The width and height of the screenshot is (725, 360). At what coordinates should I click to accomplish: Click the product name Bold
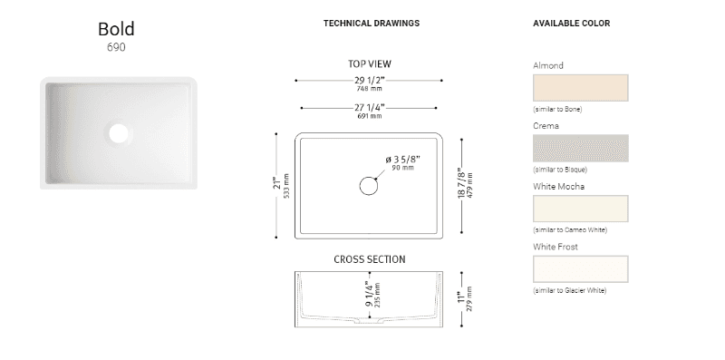coord(116,29)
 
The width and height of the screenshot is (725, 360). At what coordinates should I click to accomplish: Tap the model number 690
coord(116,47)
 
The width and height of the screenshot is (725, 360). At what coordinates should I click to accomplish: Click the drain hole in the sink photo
coord(119,132)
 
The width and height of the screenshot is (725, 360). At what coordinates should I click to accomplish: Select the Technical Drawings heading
coord(372,24)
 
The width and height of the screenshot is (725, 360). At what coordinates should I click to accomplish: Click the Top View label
coord(370,63)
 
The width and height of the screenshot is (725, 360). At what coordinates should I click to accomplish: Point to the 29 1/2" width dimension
coord(370,81)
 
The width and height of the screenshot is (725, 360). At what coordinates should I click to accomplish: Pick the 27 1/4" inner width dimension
coord(370,108)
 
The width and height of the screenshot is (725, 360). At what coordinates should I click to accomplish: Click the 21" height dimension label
coord(277,183)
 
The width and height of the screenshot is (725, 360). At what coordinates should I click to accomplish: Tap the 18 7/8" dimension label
coord(461,183)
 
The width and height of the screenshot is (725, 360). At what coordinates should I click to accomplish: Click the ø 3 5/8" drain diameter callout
coord(402,160)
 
